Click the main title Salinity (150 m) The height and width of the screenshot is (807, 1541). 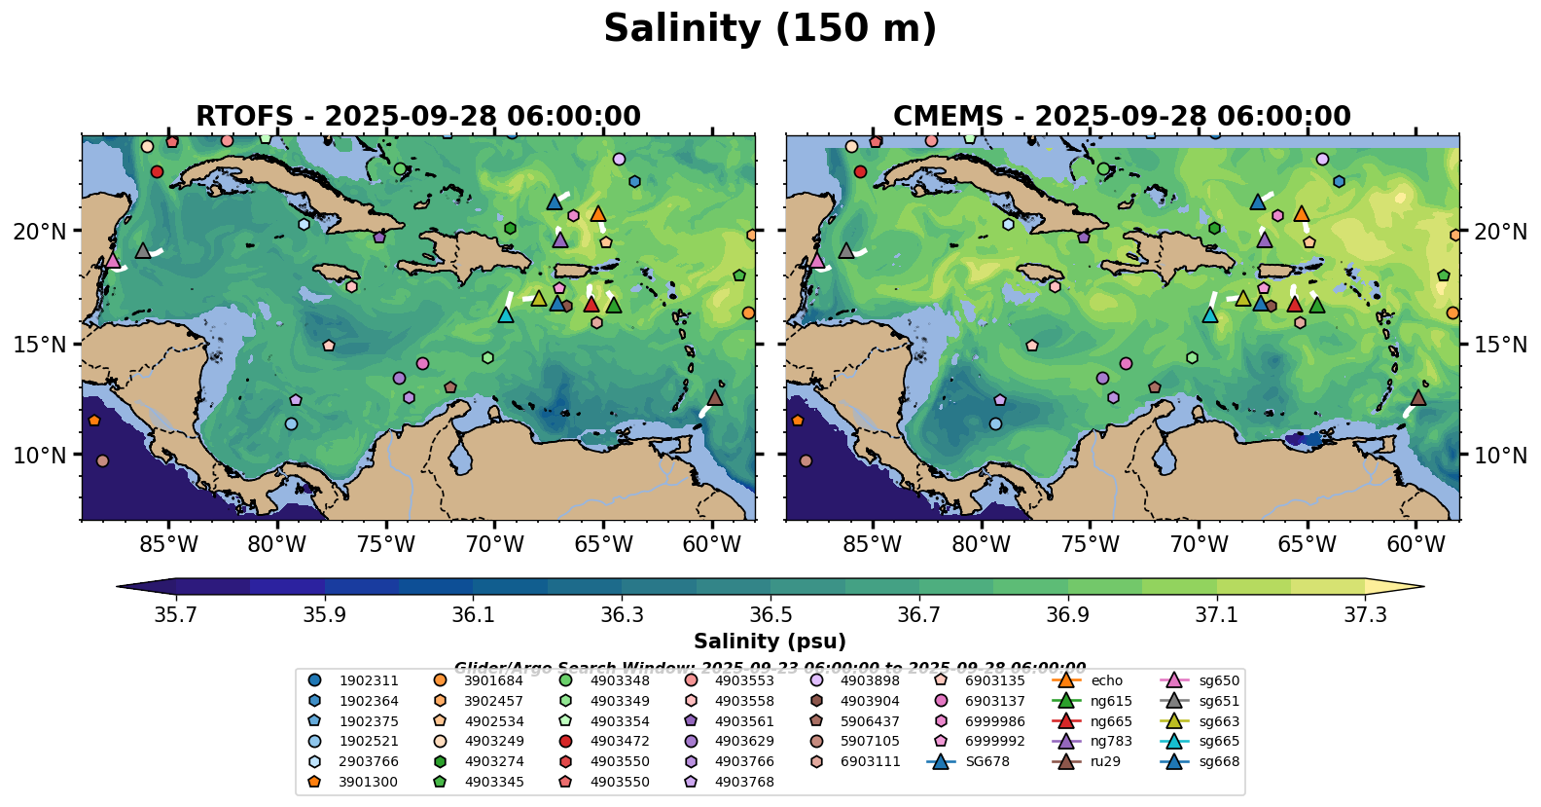click(x=770, y=29)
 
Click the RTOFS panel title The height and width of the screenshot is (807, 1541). click(x=418, y=117)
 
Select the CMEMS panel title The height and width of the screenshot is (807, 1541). click(x=1122, y=117)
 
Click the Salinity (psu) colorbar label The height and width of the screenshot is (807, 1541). click(x=770, y=642)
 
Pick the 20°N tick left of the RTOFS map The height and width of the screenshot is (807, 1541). click(x=40, y=232)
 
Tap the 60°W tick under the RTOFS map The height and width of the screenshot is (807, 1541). click(x=712, y=544)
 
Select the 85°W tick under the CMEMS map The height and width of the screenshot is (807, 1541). click(x=873, y=544)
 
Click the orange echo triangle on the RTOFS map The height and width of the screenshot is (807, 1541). click(x=598, y=214)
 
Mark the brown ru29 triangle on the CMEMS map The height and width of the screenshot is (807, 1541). click(x=1418, y=397)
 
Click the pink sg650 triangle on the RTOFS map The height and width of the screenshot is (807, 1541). click(x=113, y=260)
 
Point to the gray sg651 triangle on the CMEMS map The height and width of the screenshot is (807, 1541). click(x=846, y=250)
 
